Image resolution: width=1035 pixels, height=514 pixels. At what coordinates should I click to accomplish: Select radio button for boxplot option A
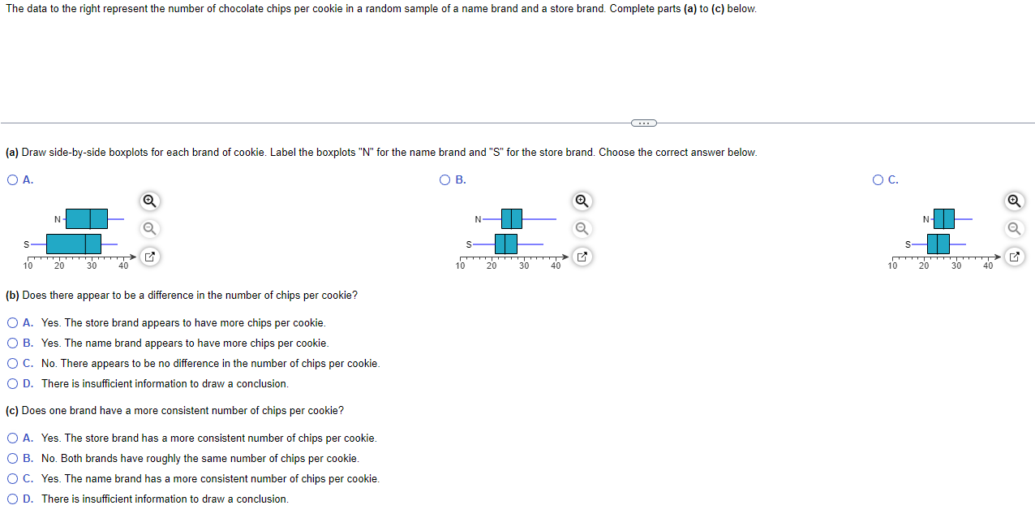[12, 180]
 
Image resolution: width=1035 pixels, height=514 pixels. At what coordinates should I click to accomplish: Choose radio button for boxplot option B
[444, 180]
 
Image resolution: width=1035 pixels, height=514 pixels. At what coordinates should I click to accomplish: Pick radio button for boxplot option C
[878, 180]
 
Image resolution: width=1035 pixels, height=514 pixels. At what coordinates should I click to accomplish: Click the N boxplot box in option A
[86, 218]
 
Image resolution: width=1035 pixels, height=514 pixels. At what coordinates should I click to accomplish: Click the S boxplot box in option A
[73, 244]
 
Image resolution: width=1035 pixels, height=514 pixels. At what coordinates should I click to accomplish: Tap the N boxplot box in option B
[511, 218]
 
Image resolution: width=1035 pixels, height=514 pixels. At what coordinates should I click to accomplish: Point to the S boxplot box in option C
[938, 244]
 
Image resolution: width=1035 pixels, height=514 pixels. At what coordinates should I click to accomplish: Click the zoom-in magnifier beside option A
[148, 201]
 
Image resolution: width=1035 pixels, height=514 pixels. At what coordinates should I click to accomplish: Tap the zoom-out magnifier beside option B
[581, 229]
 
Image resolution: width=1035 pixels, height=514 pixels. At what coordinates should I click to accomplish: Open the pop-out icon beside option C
[1014, 257]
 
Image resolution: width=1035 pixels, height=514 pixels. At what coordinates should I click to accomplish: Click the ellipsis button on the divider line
[642, 123]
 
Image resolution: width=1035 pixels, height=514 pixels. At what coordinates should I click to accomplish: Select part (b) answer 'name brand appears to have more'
[12, 343]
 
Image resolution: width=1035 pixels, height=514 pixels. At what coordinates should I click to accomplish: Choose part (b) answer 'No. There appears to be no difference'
[12, 364]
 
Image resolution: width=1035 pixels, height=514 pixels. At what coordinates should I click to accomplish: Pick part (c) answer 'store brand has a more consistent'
[12, 438]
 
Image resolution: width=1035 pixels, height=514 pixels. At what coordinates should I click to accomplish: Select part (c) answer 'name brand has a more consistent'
[12, 479]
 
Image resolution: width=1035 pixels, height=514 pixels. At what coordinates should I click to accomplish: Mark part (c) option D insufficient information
[12, 499]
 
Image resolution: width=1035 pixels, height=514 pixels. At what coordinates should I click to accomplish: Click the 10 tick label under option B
[460, 266]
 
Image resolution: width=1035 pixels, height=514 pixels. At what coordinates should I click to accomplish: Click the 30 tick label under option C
[956, 266]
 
